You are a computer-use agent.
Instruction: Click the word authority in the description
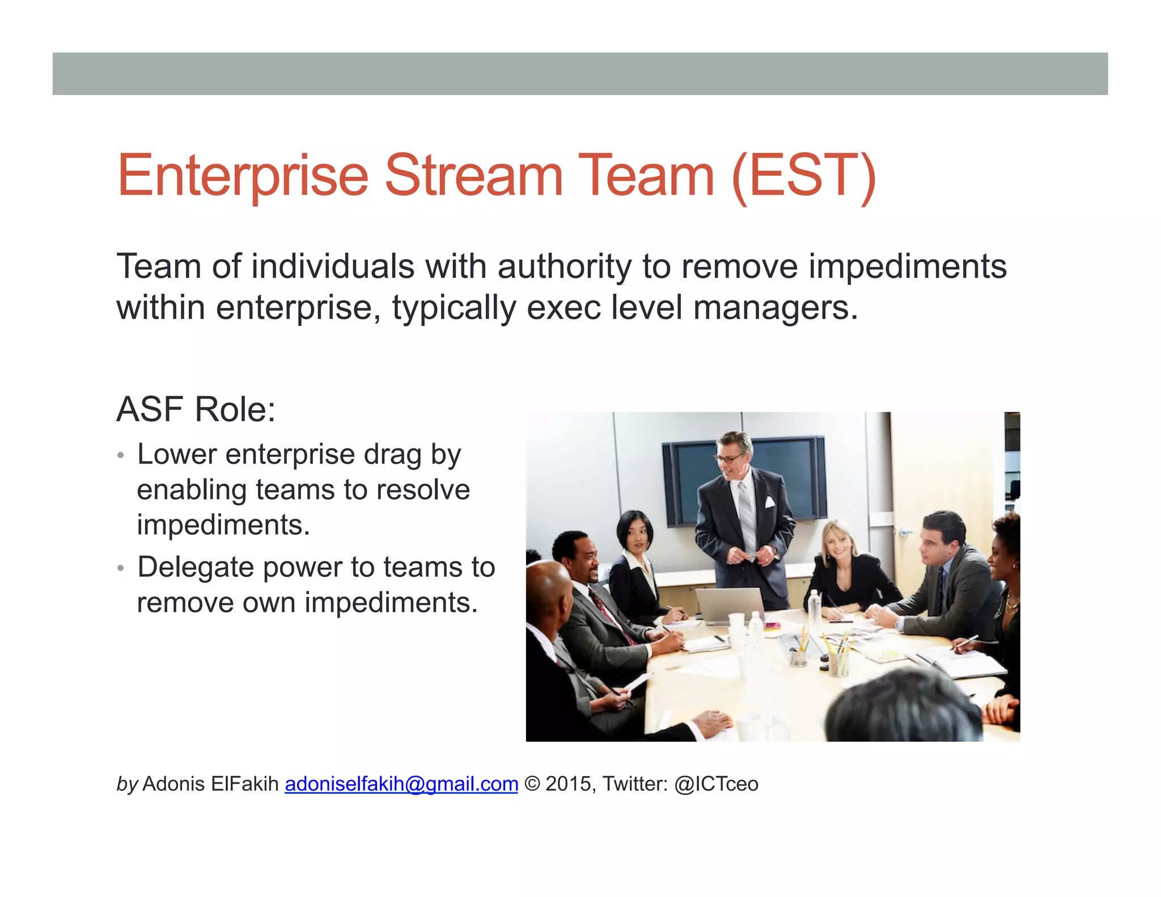(x=564, y=266)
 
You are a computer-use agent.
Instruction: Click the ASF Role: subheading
(x=196, y=409)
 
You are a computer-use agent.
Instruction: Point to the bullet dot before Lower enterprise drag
(x=120, y=455)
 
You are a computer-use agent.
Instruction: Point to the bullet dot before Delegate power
(x=120, y=568)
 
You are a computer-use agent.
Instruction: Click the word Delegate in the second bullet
(x=195, y=567)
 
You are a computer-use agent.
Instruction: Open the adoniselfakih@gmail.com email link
(x=401, y=784)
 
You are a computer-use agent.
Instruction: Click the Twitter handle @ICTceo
(x=716, y=784)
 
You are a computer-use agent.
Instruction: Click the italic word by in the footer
(x=127, y=784)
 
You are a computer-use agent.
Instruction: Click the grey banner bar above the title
(x=580, y=74)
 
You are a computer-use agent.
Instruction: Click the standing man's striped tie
(x=747, y=516)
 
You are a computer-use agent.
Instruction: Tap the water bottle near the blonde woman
(x=814, y=607)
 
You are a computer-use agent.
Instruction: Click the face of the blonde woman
(x=836, y=541)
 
